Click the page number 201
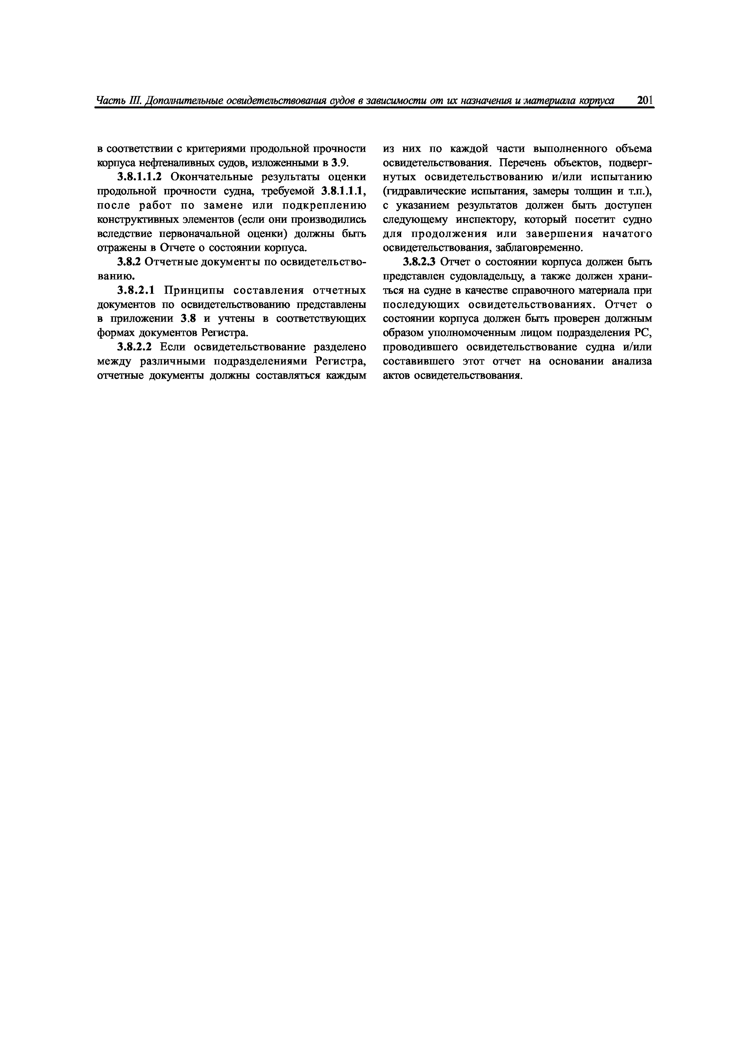coord(644,101)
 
